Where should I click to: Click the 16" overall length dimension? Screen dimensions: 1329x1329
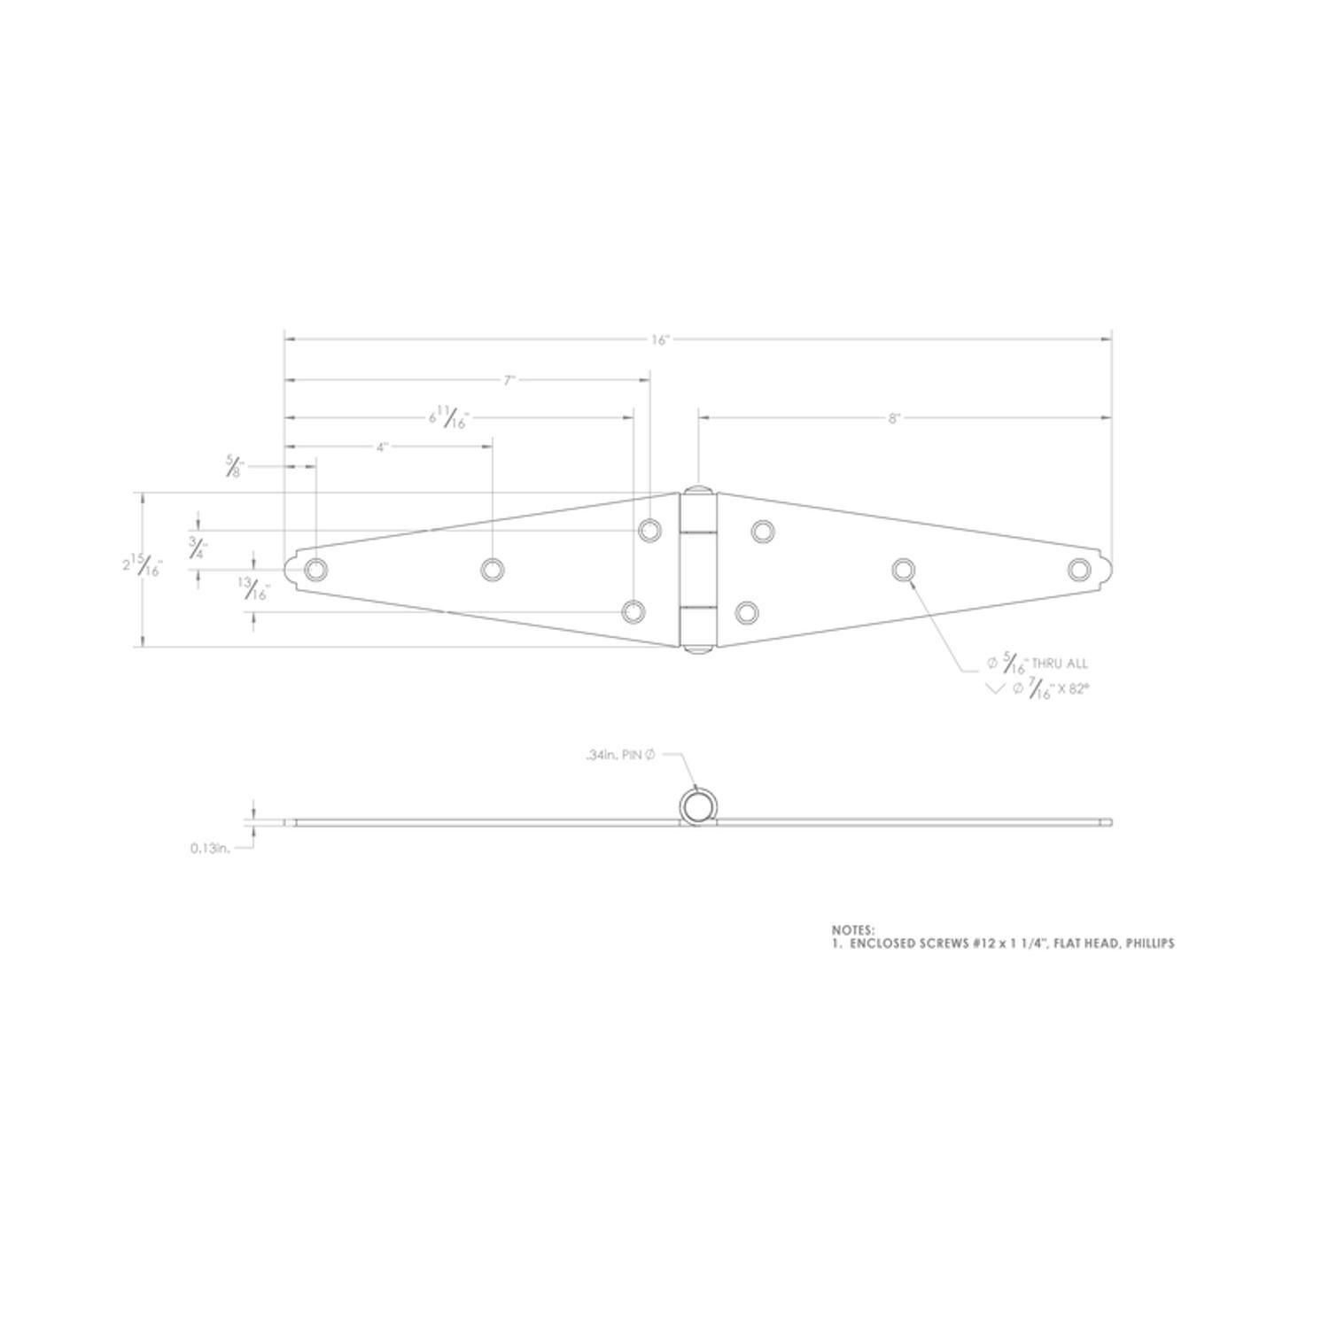pyautogui.click(x=660, y=340)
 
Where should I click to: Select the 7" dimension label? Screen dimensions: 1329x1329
pyautogui.click(x=509, y=381)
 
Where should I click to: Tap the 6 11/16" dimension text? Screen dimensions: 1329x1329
pyautogui.click(x=448, y=416)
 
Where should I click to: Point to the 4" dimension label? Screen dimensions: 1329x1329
pyautogui.click(x=382, y=447)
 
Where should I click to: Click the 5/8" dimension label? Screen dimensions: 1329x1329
pyautogui.click(x=234, y=466)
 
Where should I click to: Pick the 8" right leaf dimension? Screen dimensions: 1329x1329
pyautogui.click(x=894, y=418)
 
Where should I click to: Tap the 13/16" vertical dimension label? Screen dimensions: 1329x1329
pyautogui.click(x=253, y=589)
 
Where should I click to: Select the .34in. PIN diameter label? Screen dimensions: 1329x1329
pyautogui.click(x=619, y=755)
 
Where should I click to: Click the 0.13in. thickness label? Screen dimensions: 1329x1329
pyautogui.click(x=210, y=848)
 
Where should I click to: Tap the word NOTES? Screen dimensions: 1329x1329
pyautogui.click(x=853, y=929)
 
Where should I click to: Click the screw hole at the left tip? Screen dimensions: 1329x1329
pyautogui.click(x=315, y=569)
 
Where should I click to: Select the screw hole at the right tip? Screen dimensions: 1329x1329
pyautogui.click(x=1078, y=569)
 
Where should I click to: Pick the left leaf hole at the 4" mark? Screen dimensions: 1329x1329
pyautogui.click(x=492, y=569)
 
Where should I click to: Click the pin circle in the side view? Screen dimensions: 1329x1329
pyautogui.click(x=697, y=806)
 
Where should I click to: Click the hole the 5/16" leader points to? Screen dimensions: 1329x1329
pyautogui.click(x=902, y=569)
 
